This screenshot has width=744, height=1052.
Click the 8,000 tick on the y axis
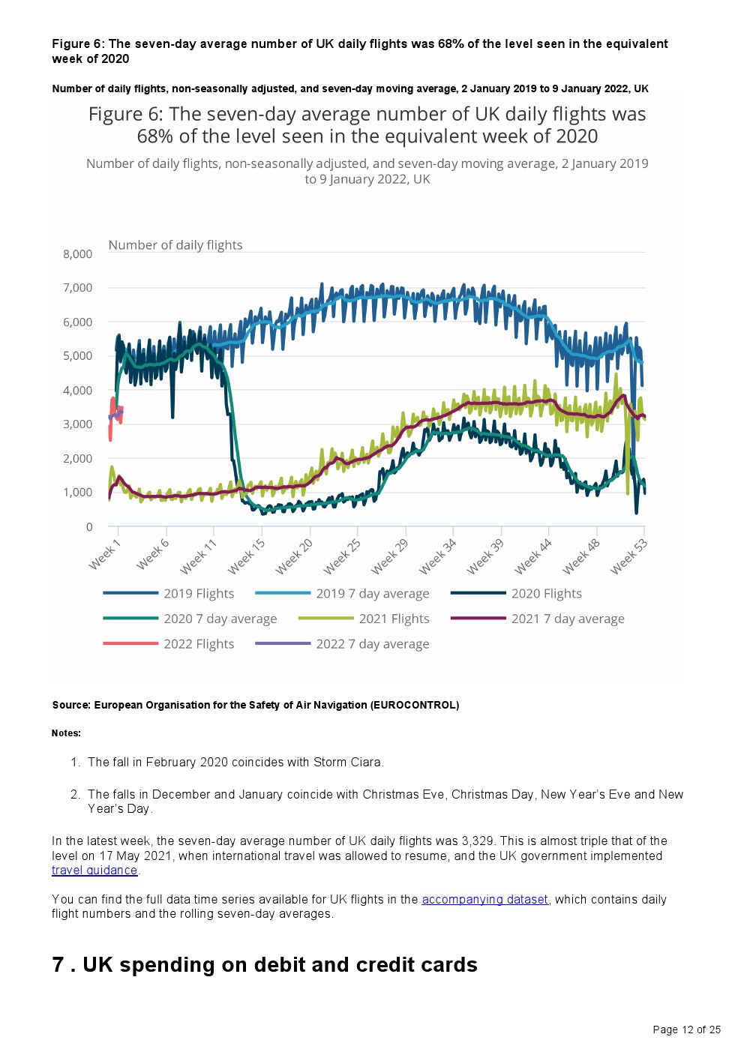click(x=77, y=254)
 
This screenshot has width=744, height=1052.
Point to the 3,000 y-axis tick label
click(x=77, y=424)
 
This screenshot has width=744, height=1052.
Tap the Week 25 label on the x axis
click(x=343, y=556)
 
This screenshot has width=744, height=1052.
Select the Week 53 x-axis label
click(x=628, y=556)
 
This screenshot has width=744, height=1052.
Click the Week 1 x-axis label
click(x=104, y=554)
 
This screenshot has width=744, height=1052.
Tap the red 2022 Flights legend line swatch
click(x=130, y=644)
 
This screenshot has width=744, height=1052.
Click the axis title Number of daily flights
click(x=175, y=245)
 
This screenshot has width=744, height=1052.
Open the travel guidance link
click(x=94, y=871)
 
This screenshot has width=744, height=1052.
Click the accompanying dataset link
click(x=484, y=900)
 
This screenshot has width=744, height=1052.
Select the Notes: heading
click(x=66, y=733)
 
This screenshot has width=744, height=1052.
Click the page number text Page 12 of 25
click(x=686, y=1030)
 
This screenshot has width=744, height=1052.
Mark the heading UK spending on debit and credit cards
click(x=280, y=965)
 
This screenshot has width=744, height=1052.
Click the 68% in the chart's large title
click(x=155, y=136)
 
